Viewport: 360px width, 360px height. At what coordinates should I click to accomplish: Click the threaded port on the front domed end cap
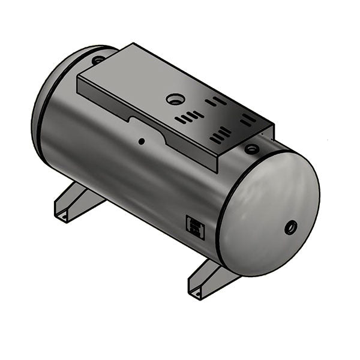[291, 227]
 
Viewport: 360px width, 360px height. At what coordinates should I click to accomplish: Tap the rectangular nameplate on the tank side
[196, 227]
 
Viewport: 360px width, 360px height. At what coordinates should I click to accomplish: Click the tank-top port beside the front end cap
[253, 148]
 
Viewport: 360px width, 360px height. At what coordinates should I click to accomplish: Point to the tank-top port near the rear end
[98, 59]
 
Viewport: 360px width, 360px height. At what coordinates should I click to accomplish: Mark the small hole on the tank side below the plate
[142, 142]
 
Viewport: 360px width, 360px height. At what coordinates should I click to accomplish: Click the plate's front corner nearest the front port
[273, 127]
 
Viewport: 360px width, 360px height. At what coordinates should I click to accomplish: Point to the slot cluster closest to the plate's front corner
[248, 120]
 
